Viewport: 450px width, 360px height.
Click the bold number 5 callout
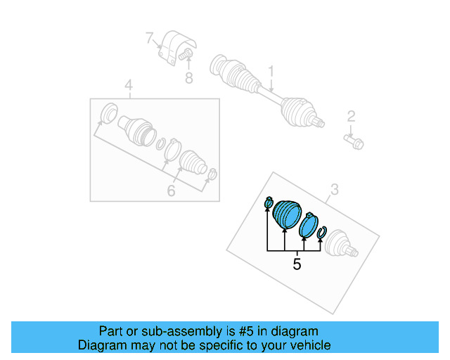click(297, 264)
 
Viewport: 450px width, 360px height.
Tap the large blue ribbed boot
click(286, 214)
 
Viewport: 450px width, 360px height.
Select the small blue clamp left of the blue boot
click(268, 204)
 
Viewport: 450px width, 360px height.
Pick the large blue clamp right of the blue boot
click(308, 226)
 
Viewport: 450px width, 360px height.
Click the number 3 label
click(334, 188)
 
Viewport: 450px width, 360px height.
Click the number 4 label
click(128, 86)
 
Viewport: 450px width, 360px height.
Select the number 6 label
click(170, 191)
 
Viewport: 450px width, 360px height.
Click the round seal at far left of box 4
click(110, 114)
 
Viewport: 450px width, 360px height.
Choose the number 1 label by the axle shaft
click(269, 71)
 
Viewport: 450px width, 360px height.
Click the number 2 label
click(351, 117)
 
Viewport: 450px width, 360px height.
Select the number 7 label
click(148, 37)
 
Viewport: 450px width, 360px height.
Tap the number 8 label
click(188, 78)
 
